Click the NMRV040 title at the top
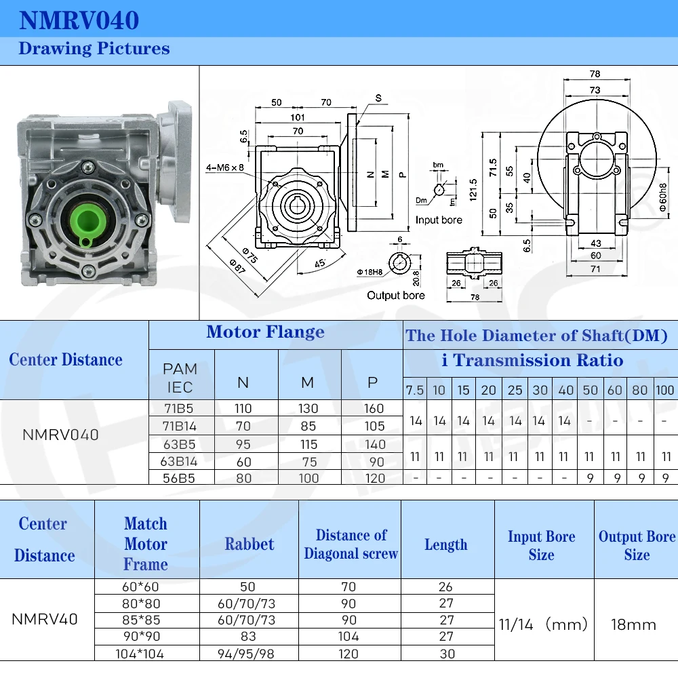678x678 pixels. (x=79, y=20)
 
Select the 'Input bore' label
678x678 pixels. (x=439, y=220)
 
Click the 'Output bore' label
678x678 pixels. (x=396, y=295)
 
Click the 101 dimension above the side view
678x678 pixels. (x=297, y=117)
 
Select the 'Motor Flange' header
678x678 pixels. (x=265, y=332)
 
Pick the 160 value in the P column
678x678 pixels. (x=372, y=408)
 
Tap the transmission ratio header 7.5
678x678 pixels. (x=415, y=391)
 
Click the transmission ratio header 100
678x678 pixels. (x=665, y=391)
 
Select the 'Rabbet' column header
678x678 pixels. (x=250, y=544)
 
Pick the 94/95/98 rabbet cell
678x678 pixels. (x=250, y=654)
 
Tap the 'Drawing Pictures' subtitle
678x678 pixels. (x=94, y=49)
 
